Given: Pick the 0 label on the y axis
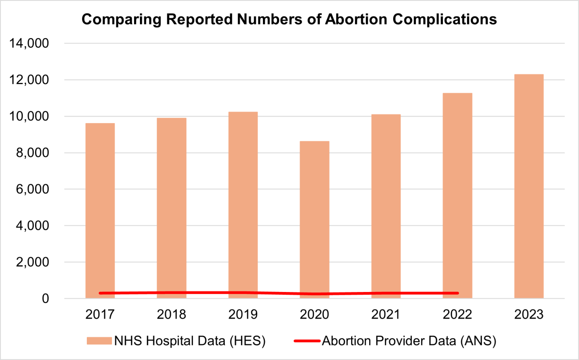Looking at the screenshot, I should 45,299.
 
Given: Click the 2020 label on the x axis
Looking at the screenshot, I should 315,315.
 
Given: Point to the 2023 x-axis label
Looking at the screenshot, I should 529,315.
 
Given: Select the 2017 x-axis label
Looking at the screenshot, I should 100,315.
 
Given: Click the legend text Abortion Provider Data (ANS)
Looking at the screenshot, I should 409,341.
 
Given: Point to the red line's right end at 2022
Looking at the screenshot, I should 457,293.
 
